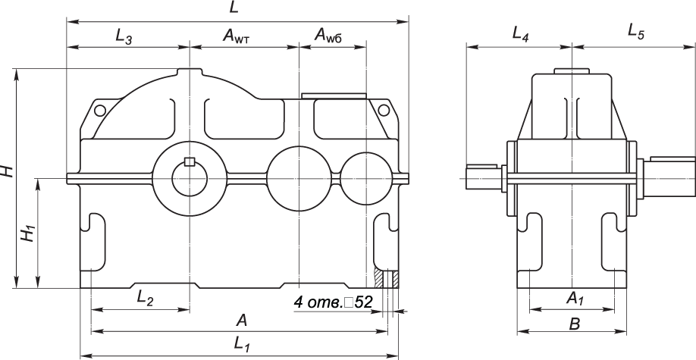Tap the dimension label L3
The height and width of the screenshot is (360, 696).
click(x=124, y=36)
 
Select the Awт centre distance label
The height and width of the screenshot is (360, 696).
click(x=237, y=36)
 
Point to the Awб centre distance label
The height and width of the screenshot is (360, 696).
click(x=330, y=36)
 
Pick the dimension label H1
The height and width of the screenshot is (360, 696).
click(x=28, y=233)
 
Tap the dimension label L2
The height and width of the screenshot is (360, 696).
click(x=145, y=299)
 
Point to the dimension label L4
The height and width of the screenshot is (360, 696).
click(x=520, y=34)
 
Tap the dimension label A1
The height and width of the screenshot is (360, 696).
click(x=575, y=299)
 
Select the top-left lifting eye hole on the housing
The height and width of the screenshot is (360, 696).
click(x=99, y=111)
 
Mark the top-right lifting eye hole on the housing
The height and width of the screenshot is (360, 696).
click(x=384, y=111)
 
